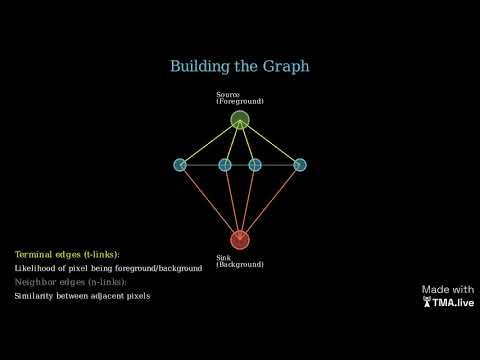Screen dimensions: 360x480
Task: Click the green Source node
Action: click(x=240, y=120)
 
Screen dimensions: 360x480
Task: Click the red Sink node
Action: click(x=240, y=239)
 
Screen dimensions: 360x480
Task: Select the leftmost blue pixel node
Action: click(x=180, y=164)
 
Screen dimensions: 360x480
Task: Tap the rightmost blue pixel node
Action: click(x=300, y=164)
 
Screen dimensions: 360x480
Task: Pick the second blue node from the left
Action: click(x=225, y=164)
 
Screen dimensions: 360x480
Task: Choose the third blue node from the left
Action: click(x=255, y=164)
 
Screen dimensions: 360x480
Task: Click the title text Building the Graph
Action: click(x=240, y=66)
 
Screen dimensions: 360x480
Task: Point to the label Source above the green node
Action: click(x=228, y=95)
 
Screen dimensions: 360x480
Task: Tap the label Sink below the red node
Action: click(x=224, y=258)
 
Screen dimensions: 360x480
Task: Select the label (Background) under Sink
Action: click(x=240, y=265)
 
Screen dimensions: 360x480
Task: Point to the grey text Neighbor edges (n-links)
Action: click(x=70, y=283)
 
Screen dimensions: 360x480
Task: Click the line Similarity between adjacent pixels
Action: click(x=82, y=297)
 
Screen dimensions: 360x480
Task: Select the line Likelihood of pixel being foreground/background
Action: click(x=108, y=269)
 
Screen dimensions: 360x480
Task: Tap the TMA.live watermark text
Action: click(x=451, y=302)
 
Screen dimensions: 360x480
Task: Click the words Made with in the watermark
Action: click(x=447, y=289)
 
